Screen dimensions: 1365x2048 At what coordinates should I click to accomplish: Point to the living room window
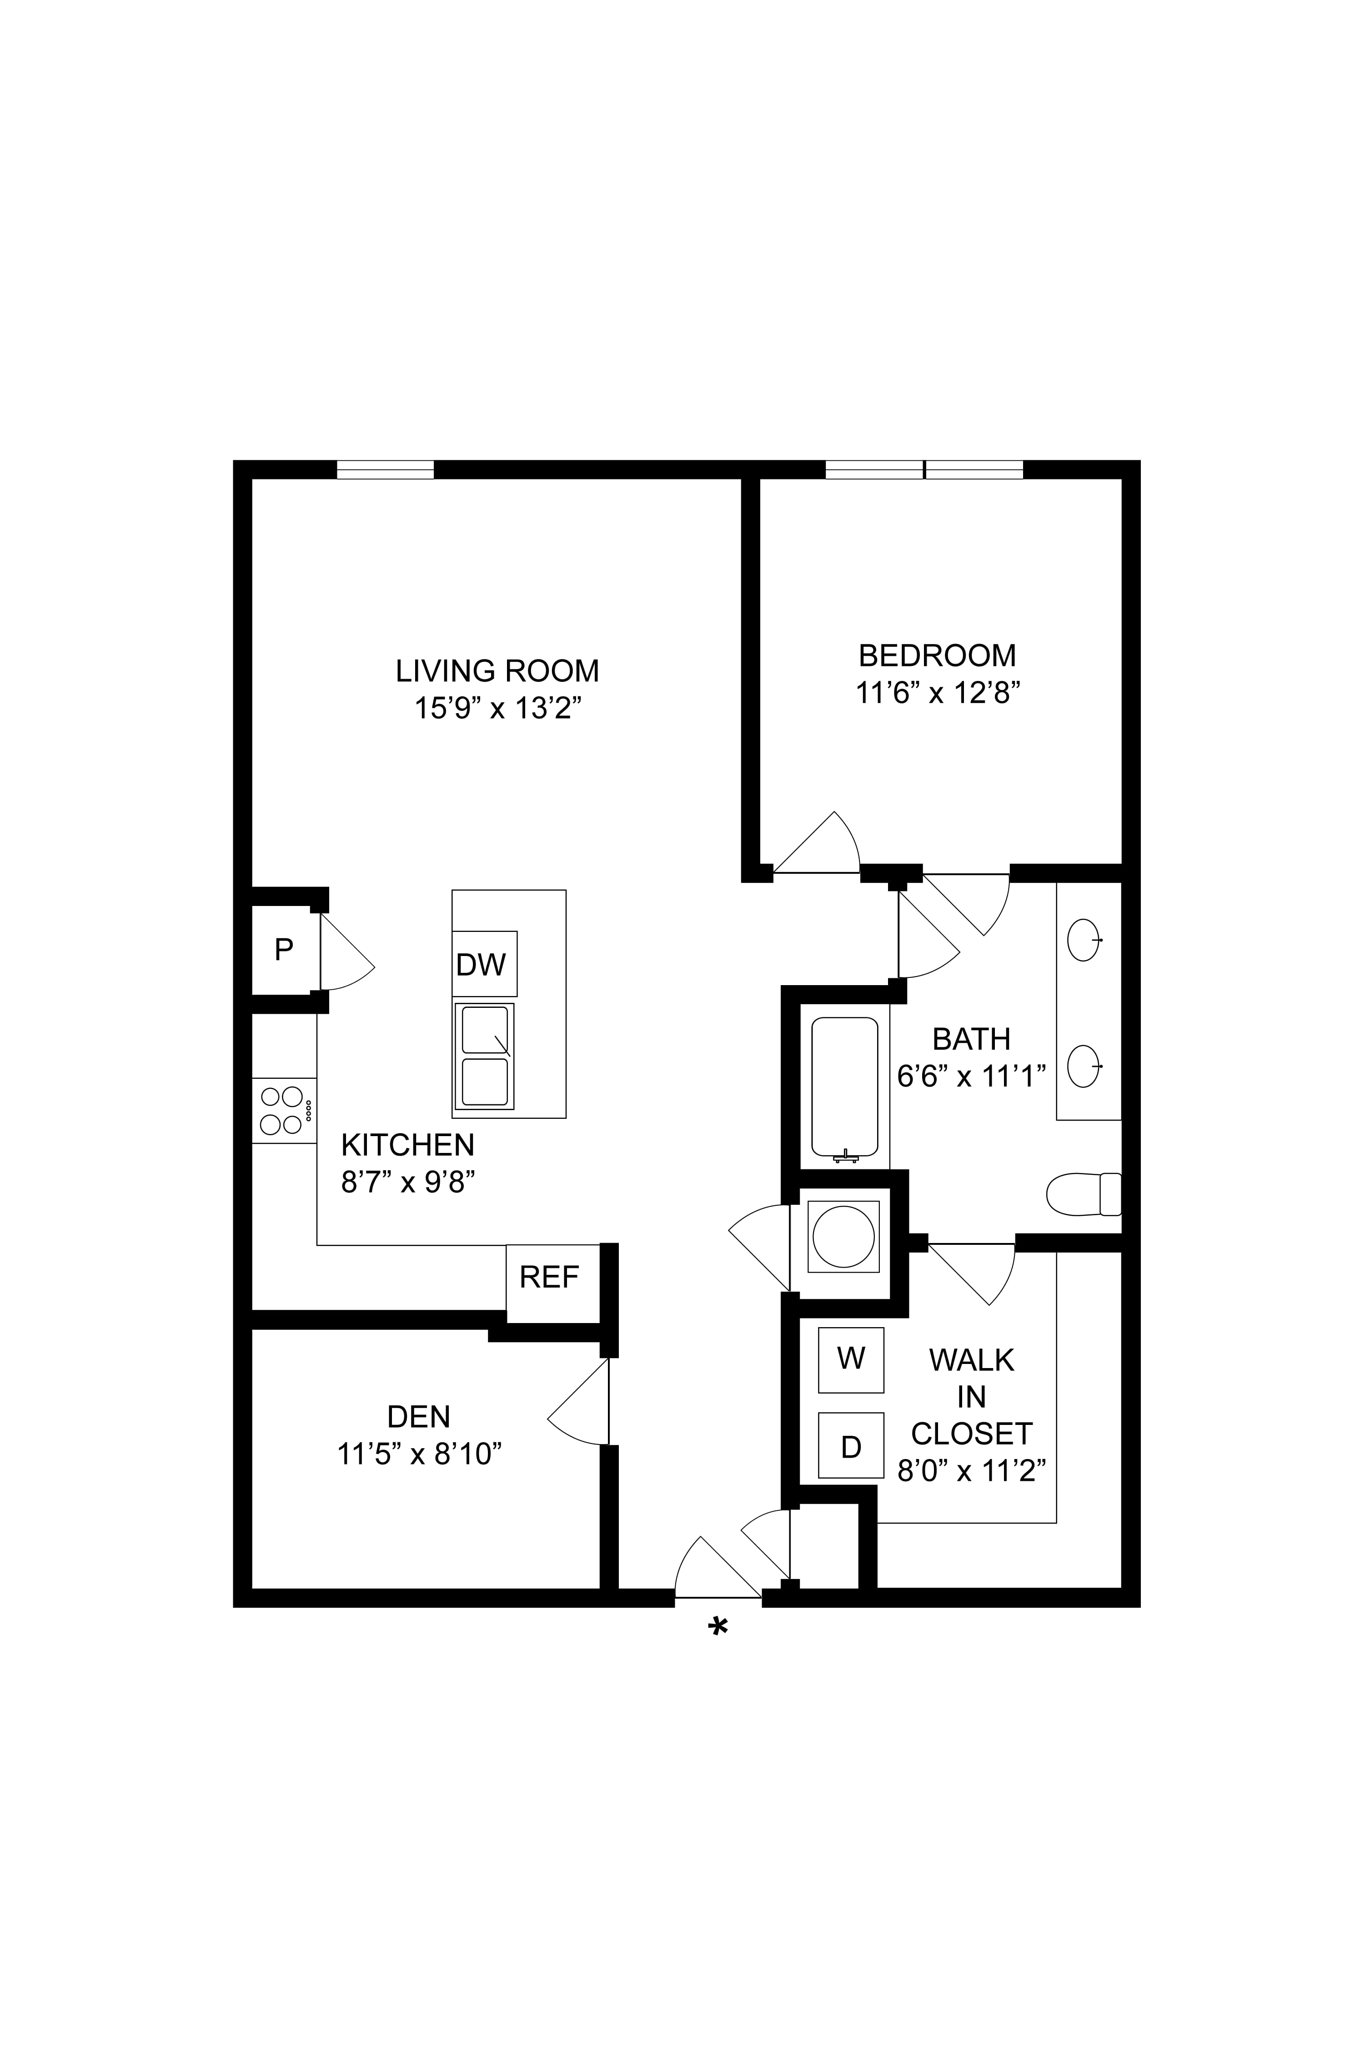click(x=385, y=469)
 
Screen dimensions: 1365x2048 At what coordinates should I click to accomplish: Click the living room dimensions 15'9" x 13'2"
click(x=497, y=709)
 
